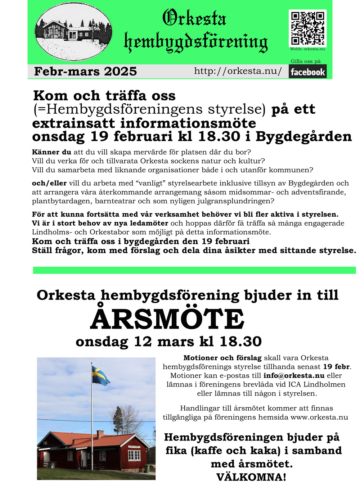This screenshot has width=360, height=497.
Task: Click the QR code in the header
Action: (307, 28)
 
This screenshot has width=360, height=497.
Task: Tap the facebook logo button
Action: (307, 72)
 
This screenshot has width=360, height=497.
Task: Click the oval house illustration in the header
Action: (73, 32)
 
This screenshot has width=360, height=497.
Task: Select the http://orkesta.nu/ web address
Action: (238, 71)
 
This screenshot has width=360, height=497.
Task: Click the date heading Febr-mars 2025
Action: (85, 71)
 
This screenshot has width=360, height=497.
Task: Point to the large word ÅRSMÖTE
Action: (167, 319)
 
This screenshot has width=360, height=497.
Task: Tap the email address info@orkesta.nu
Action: (294, 375)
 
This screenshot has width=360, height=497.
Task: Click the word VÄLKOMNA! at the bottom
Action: (251, 477)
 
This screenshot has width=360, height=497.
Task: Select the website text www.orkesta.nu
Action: (319, 417)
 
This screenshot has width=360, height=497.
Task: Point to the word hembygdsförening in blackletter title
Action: (196, 42)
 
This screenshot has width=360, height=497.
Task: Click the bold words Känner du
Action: (51, 152)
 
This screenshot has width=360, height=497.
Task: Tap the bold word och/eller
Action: (49, 183)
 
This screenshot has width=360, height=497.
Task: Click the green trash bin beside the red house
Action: (147, 469)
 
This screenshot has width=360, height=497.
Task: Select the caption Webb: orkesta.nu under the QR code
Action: (307, 49)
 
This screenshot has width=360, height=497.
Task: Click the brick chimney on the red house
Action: (100, 434)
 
